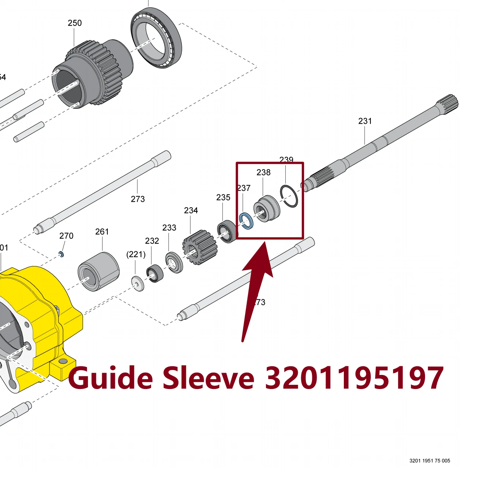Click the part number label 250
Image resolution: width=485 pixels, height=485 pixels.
(x=75, y=23)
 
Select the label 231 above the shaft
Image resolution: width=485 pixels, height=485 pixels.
(x=365, y=121)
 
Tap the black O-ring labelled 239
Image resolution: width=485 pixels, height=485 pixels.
(x=289, y=196)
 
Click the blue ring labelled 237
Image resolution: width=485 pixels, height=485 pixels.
(x=246, y=221)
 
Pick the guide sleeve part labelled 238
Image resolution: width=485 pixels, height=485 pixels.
(x=266, y=209)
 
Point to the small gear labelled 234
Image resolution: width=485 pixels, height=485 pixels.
(x=200, y=247)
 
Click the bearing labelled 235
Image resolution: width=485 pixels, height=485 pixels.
(x=227, y=231)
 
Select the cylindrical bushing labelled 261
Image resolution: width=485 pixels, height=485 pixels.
(x=99, y=272)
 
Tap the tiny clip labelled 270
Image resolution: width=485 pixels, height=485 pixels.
(x=61, y=254)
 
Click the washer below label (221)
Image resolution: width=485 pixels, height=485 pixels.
(x=138, y=284)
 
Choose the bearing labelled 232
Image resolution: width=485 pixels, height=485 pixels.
(x=155, y=273)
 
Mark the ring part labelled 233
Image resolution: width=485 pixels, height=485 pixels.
(x=174, y=262)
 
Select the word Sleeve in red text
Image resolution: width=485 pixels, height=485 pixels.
(x=209, y=378)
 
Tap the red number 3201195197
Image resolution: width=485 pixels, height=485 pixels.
(x=354, y=378)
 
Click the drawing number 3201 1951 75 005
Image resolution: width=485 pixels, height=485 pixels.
(x=430, y=461)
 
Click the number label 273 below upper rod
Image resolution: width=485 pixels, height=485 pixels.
(x=138, y=199)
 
